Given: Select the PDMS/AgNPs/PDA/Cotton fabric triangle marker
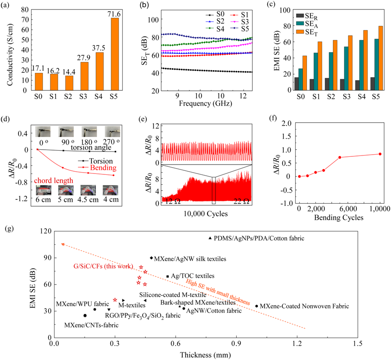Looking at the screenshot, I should (210, 238).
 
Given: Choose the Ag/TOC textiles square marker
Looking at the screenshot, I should (168, 276).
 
